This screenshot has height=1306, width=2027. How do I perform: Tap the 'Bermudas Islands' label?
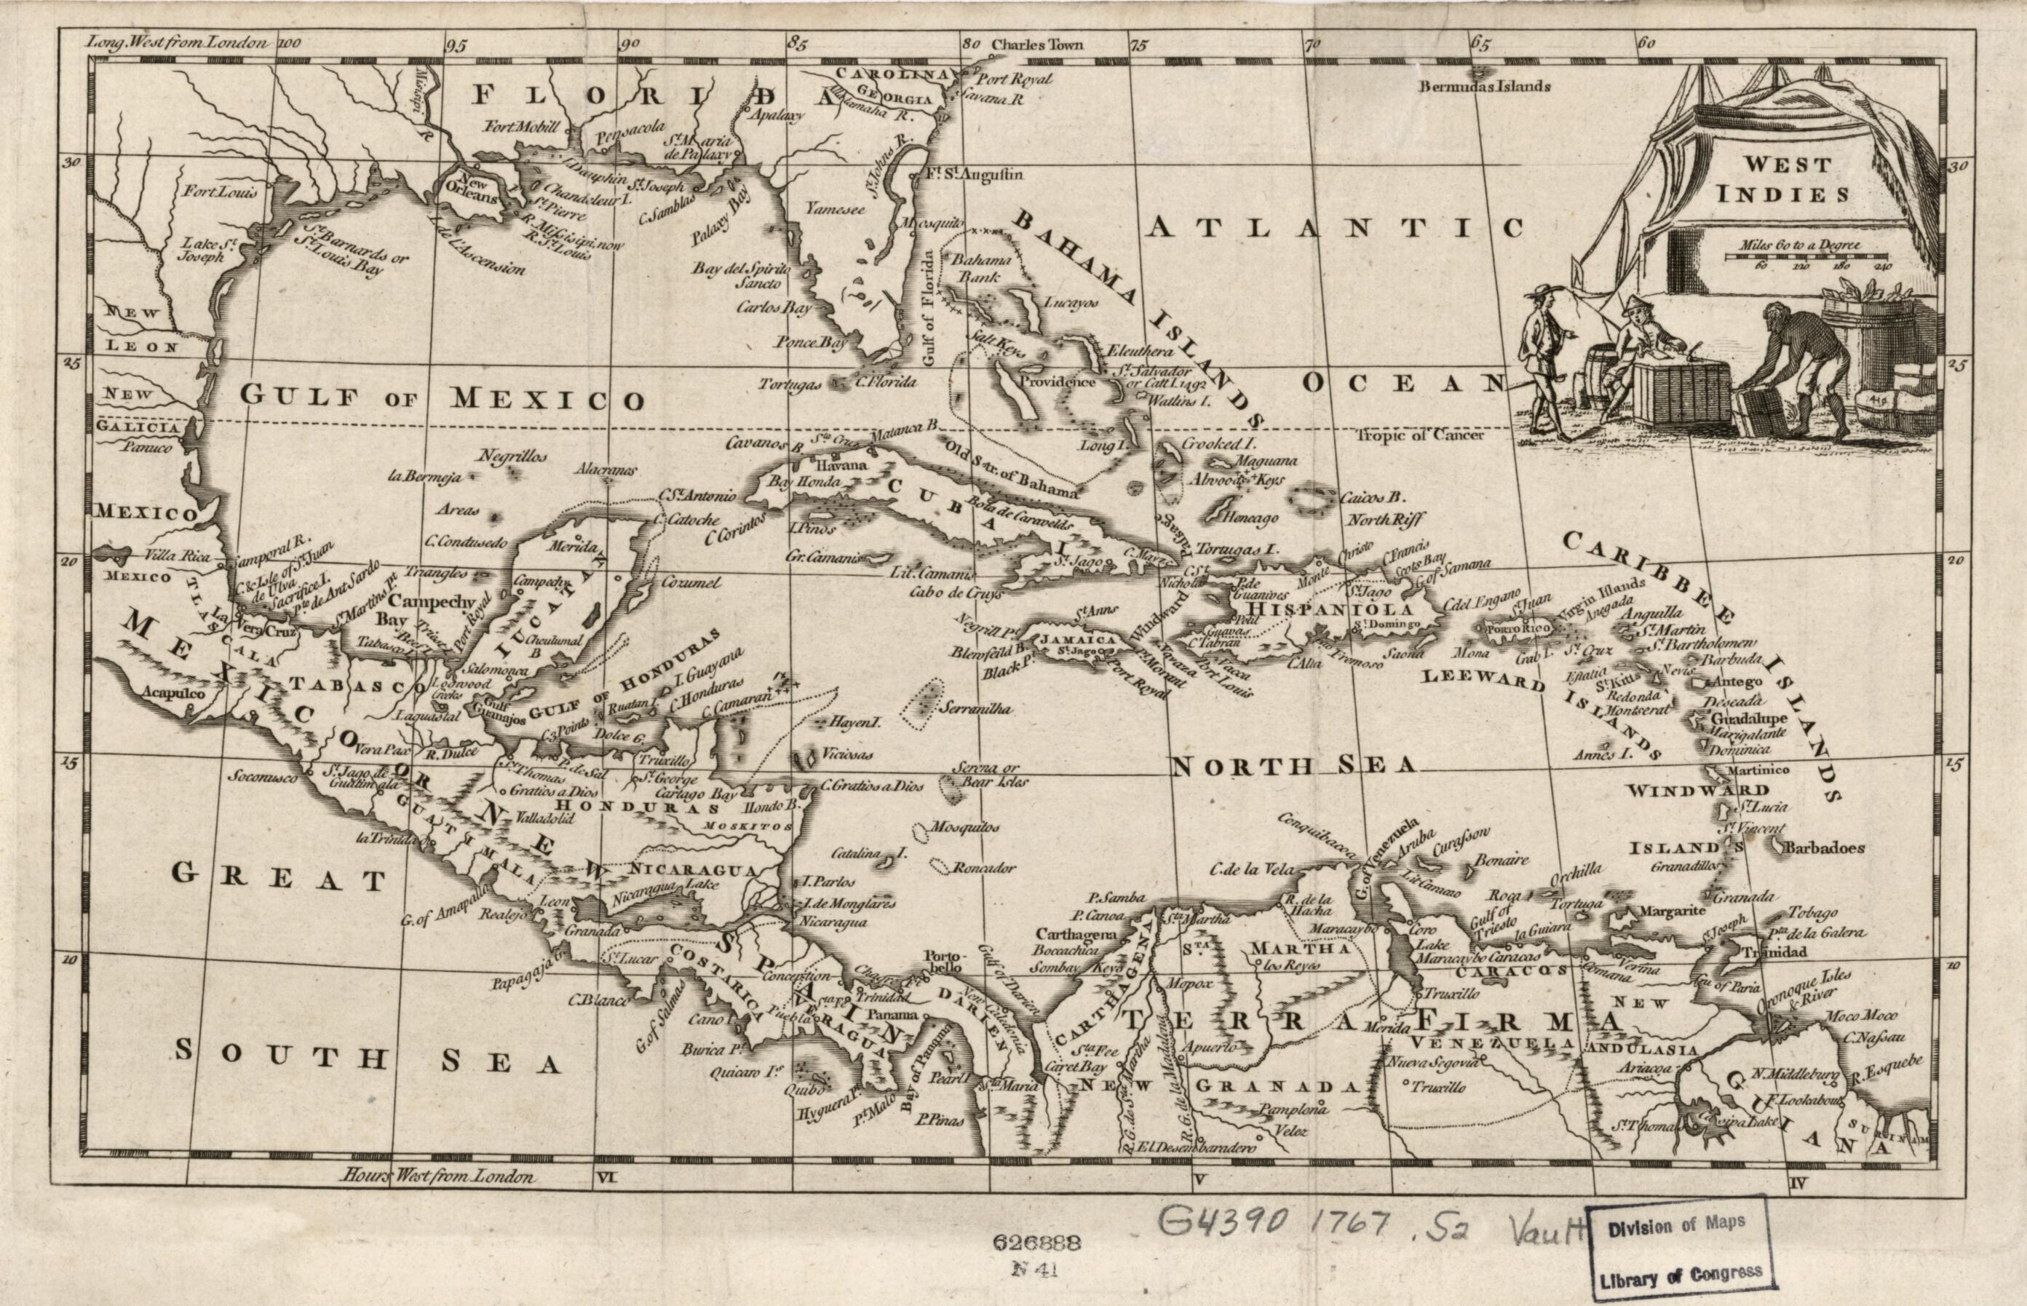(1486, 86)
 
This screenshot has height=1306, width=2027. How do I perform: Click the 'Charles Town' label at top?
(1037, 44)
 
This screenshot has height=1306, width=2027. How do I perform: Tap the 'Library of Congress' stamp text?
(1673, 1275)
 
